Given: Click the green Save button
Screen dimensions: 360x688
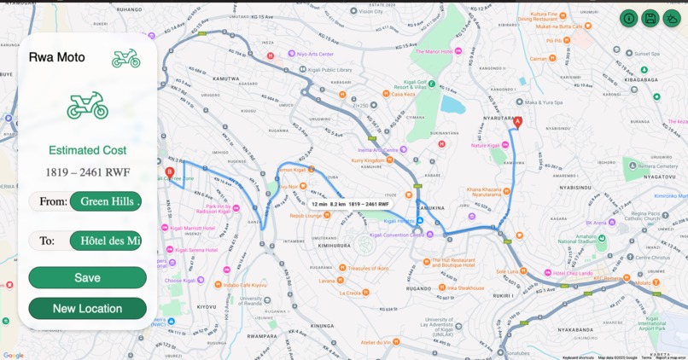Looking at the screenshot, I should click(x=87, y=277).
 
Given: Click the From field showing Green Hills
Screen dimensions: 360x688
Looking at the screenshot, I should click(x=106, y=201).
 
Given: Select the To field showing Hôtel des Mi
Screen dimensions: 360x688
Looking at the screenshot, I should click(x=106, y=241).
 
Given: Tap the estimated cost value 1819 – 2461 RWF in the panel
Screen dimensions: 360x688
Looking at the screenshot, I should click(x=87, y=172).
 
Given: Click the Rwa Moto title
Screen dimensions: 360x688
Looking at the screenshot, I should click(x=57, y=57).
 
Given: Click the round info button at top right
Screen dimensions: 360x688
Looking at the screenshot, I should click(x=629, y=18).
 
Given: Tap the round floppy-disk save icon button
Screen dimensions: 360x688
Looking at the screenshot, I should click(x=650, y=18).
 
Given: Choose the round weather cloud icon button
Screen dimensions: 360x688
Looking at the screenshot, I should click(x=672, y=18).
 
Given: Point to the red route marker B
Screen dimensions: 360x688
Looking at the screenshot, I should click(x=169, y=172).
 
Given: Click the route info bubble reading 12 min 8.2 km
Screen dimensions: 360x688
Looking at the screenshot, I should click(x=350, y=205).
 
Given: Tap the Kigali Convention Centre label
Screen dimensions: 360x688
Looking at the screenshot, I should click(x=397, y=235).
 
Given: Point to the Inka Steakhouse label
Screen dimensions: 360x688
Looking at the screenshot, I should click(x=465, y=288).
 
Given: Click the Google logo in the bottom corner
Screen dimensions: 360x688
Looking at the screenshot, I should click(x=14, y=355).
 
